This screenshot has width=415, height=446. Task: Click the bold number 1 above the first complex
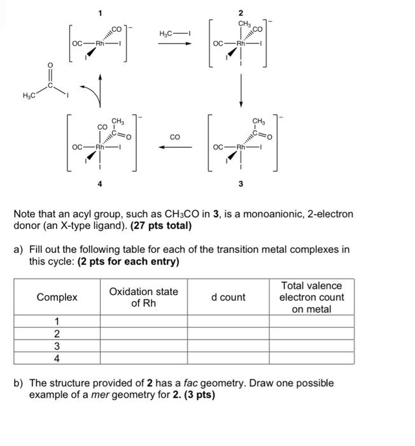click(100, 13)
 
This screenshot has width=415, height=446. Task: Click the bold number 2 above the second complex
click(241, 13)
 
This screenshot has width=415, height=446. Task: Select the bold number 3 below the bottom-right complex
click(241, 184)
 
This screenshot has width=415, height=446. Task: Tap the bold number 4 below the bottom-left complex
click(99, 184)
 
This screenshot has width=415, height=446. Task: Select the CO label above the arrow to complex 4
click(175, 136)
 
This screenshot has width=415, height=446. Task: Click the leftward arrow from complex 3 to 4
click(175, 147)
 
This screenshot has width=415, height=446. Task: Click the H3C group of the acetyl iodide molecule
click(29, 96)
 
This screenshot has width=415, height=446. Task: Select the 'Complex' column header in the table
click(57, 297)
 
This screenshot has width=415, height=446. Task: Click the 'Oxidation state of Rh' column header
click(143, 297)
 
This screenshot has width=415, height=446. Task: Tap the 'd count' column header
click(228, 297)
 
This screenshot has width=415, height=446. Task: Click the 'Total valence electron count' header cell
click(311, 297)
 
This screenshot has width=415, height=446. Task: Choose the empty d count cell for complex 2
click(228, 334)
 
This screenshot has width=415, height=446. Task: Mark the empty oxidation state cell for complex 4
click(143, 358)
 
